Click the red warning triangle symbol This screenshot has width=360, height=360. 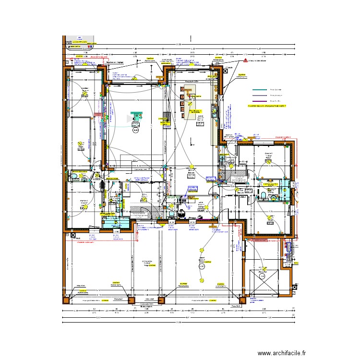coord(245,61)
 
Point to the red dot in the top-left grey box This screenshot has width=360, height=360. coord(66,41)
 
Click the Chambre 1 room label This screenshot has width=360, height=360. coord(267,154)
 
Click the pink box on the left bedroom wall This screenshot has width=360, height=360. coord(98,114)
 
